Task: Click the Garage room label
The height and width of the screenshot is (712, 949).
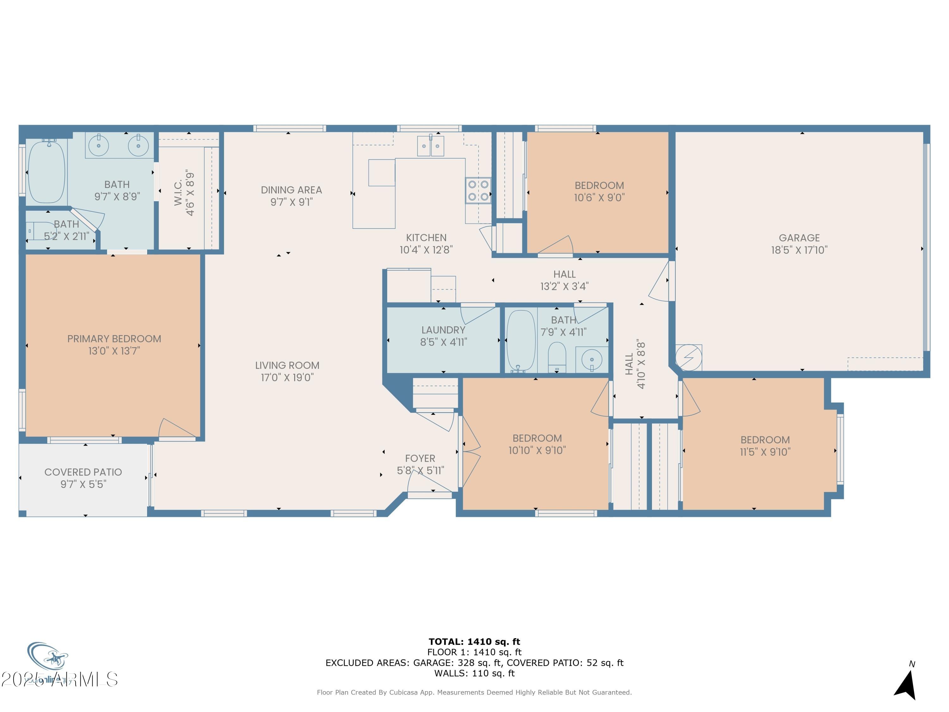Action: click(x=799, y=238)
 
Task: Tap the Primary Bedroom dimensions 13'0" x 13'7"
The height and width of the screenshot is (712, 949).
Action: click(x=114, y=351)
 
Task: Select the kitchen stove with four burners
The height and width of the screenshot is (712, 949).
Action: click(x=478, y=190)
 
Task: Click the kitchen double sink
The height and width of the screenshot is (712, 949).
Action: click(x=430, y=146)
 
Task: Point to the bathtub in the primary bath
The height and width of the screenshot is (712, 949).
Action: click(x=46, y=171)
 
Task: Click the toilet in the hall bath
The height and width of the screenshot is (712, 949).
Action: click(x=557, y=357)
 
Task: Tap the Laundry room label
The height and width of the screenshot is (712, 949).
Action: click(x=443, y=330)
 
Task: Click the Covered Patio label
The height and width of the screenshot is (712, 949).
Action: click(x=83, y=472)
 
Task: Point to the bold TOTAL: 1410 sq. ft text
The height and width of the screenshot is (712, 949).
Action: click(x=474, y=642)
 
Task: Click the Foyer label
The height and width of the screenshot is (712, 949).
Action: click(x=420, y=458)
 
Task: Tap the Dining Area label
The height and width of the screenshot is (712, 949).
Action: click(x=291, y=190)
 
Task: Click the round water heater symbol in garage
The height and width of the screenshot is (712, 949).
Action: click(x=688, y=357)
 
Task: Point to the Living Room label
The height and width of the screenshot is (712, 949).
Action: click(x=287, y=365)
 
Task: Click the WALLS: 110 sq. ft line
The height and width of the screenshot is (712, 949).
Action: click(x=474, y=673)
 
